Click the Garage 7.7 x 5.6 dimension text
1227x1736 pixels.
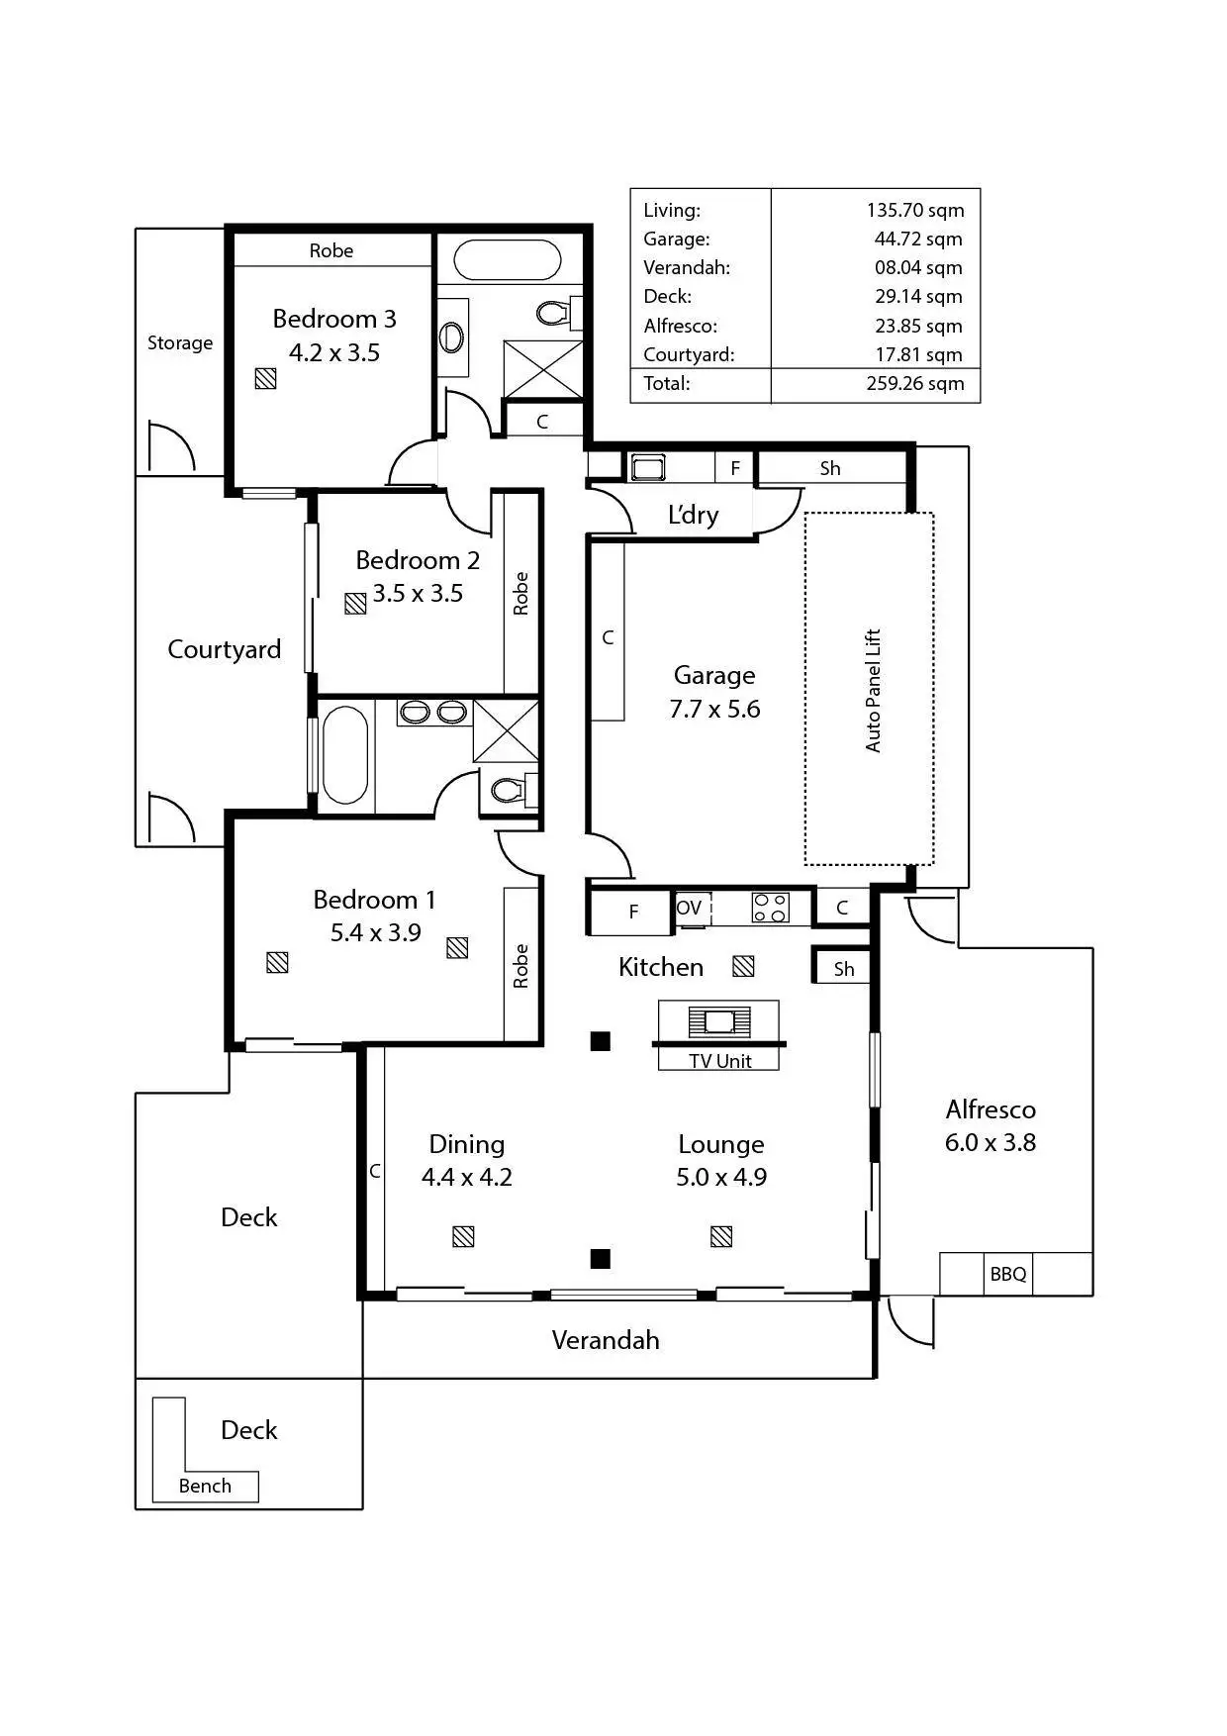point(714,709)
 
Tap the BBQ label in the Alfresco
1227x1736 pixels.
point(1008,1274)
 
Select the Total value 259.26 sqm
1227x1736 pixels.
point(914,384)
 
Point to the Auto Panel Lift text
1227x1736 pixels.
point(873,690)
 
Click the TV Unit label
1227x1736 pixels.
point(719,1061)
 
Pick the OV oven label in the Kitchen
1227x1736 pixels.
point(689,908)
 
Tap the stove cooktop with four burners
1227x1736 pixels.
point(771,908)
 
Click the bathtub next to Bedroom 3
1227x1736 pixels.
point(507,260)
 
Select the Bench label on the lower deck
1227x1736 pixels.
point(205,1486)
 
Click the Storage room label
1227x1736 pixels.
point(180,342)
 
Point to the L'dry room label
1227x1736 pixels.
point(693,515)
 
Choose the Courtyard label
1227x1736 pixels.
point(224,649)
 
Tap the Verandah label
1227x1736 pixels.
point(605,1340)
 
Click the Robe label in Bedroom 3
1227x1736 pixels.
point(330,250)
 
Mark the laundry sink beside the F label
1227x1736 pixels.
point(648,466)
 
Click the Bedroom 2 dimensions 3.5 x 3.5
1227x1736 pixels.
point(418,594)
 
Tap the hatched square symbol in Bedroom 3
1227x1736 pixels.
point(265,378)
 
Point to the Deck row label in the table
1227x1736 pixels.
point(667,297)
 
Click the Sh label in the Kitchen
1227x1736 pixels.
point(843,969)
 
